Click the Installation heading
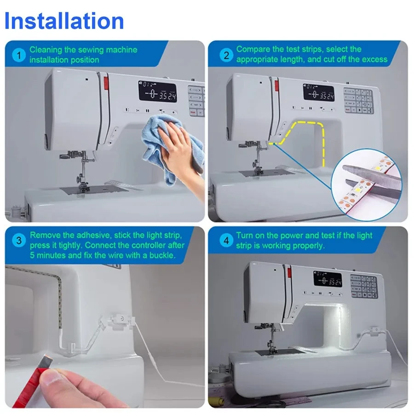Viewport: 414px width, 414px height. click(x=64, y=21)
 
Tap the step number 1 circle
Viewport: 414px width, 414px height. click(x=19, y=55)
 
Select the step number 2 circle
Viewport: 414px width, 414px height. click(x=226, y=55)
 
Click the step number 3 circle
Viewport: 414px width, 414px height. click(x=19, y=241)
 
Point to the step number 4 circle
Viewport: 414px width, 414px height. click(x=226, y=241)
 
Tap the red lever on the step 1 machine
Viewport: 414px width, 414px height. click(x=106, y=83)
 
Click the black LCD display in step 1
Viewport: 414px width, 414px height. click(x=157, y=92)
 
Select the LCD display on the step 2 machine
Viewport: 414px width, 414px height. click(x=318, y=92)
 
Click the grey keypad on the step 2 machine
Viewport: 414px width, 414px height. click(x=358, y=101)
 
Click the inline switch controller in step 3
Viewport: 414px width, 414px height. click(x=122, y=321)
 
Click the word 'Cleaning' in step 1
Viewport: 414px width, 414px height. click(x=46, y=50)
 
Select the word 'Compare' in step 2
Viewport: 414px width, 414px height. click(x=253, y=49)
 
